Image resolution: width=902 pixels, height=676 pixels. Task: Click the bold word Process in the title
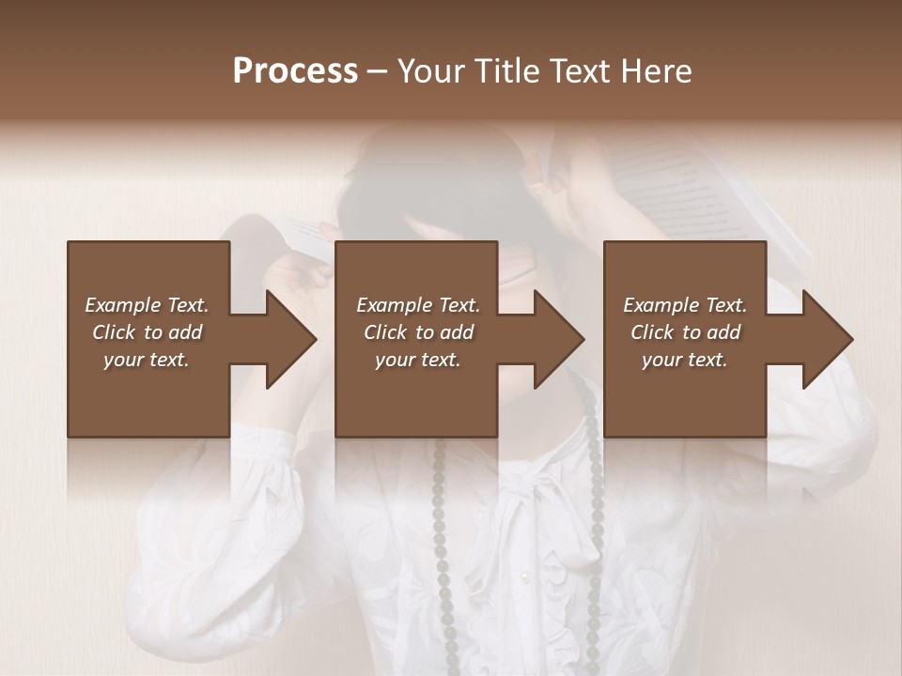[x=295, y=71]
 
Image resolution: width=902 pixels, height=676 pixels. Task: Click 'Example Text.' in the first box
[x=147, y=305]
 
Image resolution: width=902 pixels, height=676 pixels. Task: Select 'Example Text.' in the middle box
[x=418, y=305]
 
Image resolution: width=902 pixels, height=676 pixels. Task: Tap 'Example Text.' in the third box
[x=685, y=305]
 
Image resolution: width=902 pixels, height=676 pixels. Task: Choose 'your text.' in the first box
[x=147, y=360]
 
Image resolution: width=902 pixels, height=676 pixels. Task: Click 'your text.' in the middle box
[x=418, y=360]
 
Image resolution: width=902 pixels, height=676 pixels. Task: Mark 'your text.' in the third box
[x=685, y=360]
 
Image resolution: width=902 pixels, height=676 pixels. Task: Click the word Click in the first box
[x=115, y=332]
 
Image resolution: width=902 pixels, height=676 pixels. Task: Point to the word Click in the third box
[x=653, y=332]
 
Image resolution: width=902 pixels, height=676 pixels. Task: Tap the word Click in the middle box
[x=386, y=332]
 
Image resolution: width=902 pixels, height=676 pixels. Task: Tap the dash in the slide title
[x=378, y=71]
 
